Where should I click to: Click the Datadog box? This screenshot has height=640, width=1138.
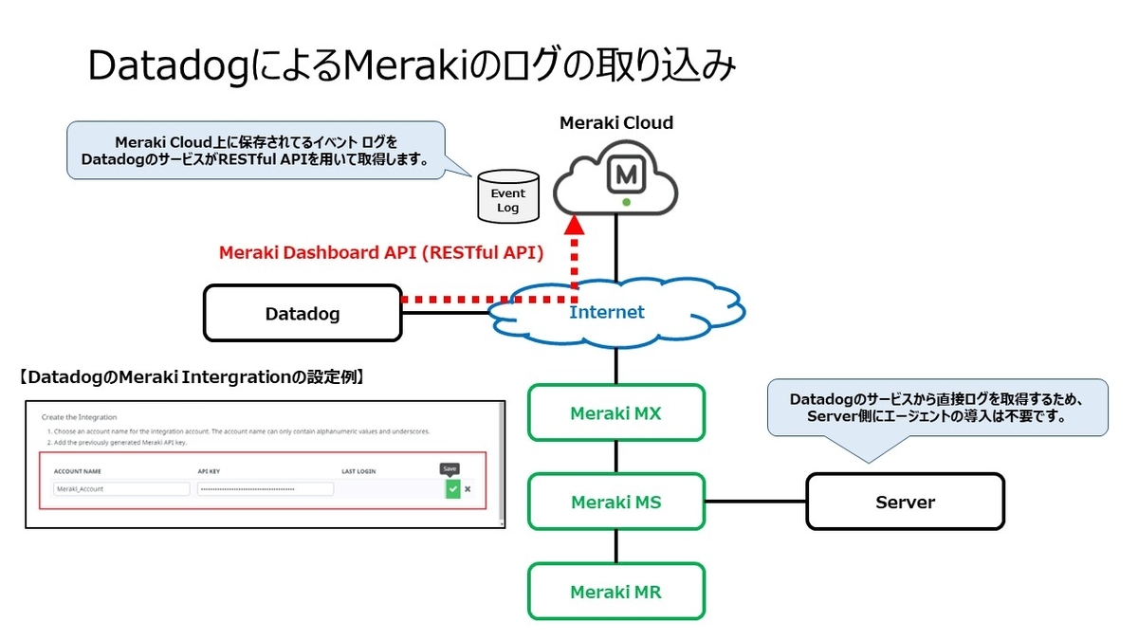pyautogui.click(x=303, y=314)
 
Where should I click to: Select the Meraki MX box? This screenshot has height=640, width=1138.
pyautogui.click(x=616, y=412)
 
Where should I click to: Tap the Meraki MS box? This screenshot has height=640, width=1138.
pyautogui.click(x=616, y=503)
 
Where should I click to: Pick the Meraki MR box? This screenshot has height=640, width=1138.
pyautogui.click(x=616, y=592)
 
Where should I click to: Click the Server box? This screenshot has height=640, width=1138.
pyautogui.click(x=905, y=503)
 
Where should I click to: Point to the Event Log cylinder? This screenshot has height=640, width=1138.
pyautogui.click(x=508, y=198)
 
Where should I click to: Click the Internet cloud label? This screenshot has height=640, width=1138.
pyautogui.click(x=607, y=312)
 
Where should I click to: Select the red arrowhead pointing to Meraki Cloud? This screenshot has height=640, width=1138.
pyautogui.click(x=574, y=225)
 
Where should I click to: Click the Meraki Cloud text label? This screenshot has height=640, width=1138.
pyautogui.click(x=616, y=123)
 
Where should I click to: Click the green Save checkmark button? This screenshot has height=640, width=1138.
pyautogui.click(x=452, y=488)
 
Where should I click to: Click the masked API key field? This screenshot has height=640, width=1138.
pyautogui.click(x=266, y=489)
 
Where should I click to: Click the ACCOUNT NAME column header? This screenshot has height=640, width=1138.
pyautogui.click(x=78, y=470)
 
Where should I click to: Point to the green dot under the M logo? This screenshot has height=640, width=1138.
pyautogui.click(x=626, y=203)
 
